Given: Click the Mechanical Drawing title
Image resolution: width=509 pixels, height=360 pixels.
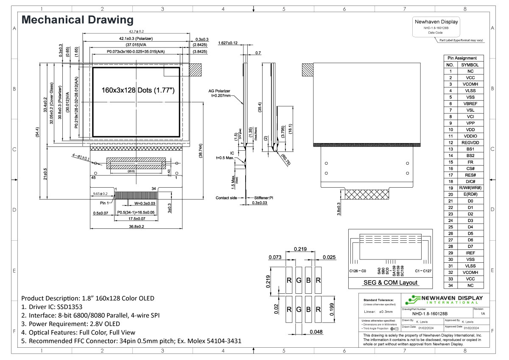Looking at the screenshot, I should click(x=77, y=20).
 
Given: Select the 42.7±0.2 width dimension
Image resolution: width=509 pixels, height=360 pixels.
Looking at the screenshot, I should click(x=137, y=31).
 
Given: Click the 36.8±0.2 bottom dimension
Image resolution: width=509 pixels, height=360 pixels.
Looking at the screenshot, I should click(x=137, y=227).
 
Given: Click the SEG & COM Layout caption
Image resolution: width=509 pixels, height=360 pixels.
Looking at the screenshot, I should click(x=390, y=283).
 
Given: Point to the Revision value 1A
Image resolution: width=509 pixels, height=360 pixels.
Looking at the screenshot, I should click(x=483, y=314).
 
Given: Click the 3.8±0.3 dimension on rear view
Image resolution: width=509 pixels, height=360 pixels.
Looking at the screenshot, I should click(x=338, y=209).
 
